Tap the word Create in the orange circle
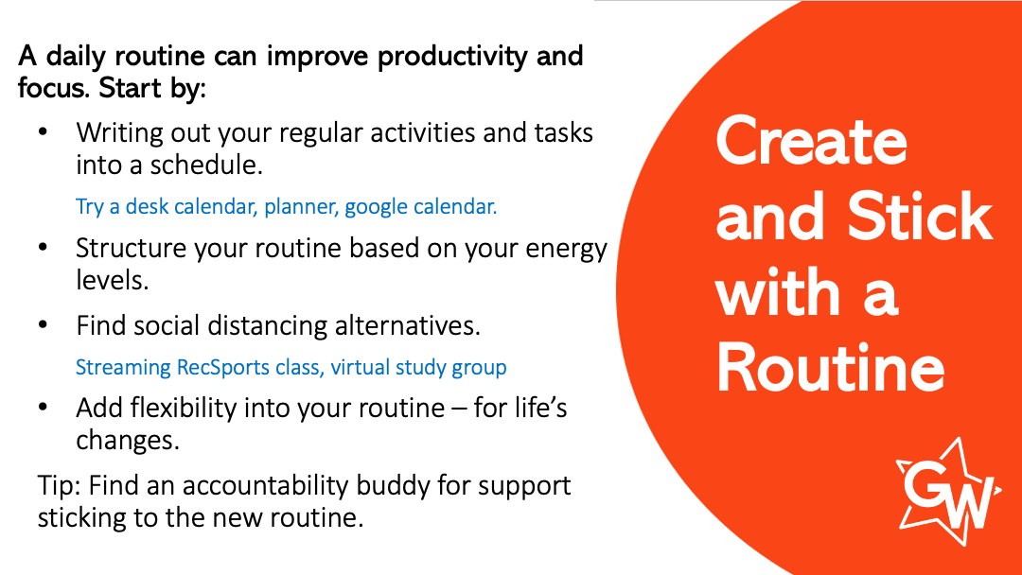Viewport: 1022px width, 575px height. [x=812, y=142]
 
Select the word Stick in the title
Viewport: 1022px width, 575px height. [x=920, y=217]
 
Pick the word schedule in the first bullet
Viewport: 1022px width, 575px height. [x=206, y=165]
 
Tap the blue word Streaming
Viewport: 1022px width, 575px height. [x=123, y=368]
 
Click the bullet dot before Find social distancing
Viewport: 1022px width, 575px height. [x=43, y=325]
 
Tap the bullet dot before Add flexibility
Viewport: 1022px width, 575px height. [x=43, y=408]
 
